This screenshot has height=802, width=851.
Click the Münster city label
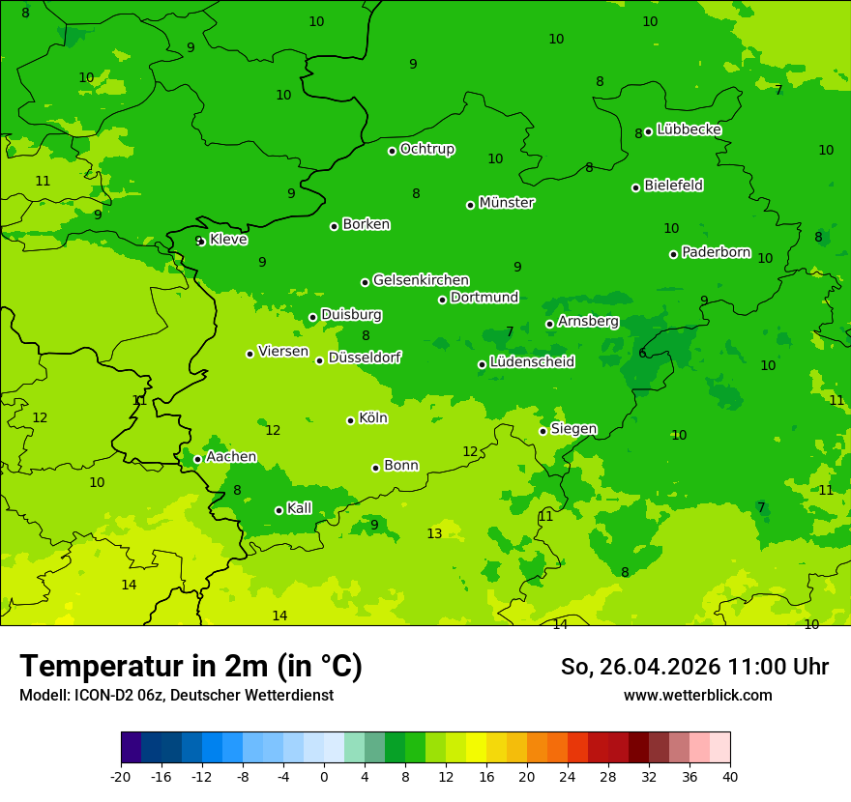click(x=507, y=203)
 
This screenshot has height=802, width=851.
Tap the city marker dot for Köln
click(x=350, y=420)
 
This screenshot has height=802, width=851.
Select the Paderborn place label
click(x=716, y=253)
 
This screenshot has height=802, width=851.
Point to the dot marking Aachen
click(x=197, y=460)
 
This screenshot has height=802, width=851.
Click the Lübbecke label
click(x=689, y=129)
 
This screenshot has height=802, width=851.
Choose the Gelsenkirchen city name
click(x=421, y=280)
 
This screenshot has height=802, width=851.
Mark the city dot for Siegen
click(x=543, y=431)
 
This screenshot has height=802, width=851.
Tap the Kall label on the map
click(x=300, y=508)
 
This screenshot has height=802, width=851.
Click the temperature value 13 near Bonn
click(x=434, y=534)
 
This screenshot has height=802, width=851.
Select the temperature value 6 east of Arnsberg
click(x=642, y=354)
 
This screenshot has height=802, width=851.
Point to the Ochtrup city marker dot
click(x=392, y=151)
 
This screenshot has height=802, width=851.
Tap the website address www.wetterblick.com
click(x=697, y=696)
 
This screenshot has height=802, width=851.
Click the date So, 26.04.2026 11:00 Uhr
click(x=694, y=667)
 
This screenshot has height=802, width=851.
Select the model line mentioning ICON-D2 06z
click(x=176, y=696)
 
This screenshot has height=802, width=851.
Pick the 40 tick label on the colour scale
click(x=729, y=777)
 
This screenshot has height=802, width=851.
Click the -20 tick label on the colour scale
click(x=120, y=777)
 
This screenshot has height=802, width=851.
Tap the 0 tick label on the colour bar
click(x=324, y=777)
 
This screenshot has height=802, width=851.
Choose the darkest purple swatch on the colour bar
click(x=131, y=748)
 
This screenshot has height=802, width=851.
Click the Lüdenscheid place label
click(x=532, y=362)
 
